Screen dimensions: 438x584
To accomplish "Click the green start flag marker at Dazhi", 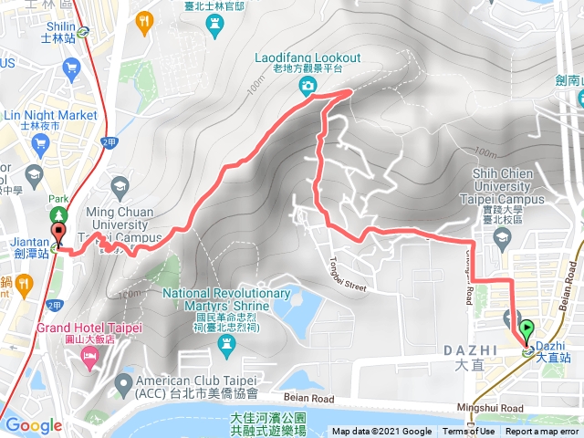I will coord(527,328).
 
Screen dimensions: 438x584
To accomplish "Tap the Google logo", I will coord(34,425).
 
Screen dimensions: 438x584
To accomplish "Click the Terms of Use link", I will coord(470,432).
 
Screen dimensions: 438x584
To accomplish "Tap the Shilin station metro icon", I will coord(84,30).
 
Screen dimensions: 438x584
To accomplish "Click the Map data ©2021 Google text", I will coord(381,432).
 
